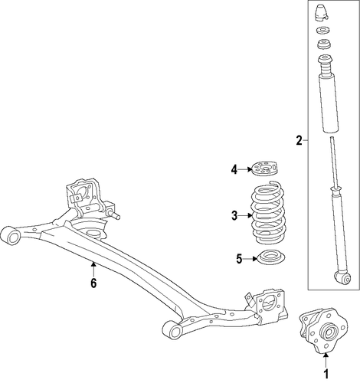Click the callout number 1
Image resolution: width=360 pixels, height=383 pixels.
326,374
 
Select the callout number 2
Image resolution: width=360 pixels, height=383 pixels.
299,140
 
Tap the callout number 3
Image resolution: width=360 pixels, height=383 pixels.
234,216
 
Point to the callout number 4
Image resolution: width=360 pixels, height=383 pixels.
234,169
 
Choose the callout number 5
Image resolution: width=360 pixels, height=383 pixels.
239,259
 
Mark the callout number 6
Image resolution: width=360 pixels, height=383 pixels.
93,283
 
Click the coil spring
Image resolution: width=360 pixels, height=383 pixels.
268,212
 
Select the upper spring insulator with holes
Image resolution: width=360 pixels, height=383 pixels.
265,169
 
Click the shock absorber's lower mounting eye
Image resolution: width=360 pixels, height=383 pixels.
342,278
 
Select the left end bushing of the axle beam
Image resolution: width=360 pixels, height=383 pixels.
11,235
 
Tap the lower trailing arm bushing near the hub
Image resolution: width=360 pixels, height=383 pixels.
172,330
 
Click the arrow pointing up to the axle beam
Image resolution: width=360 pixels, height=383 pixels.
93,269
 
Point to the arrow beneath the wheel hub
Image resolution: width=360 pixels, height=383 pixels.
326,360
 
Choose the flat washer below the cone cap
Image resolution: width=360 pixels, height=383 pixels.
322,31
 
